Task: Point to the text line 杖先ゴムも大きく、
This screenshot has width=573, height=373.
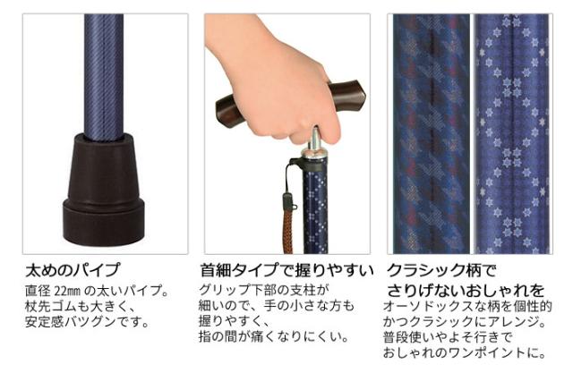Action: (81, 306)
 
